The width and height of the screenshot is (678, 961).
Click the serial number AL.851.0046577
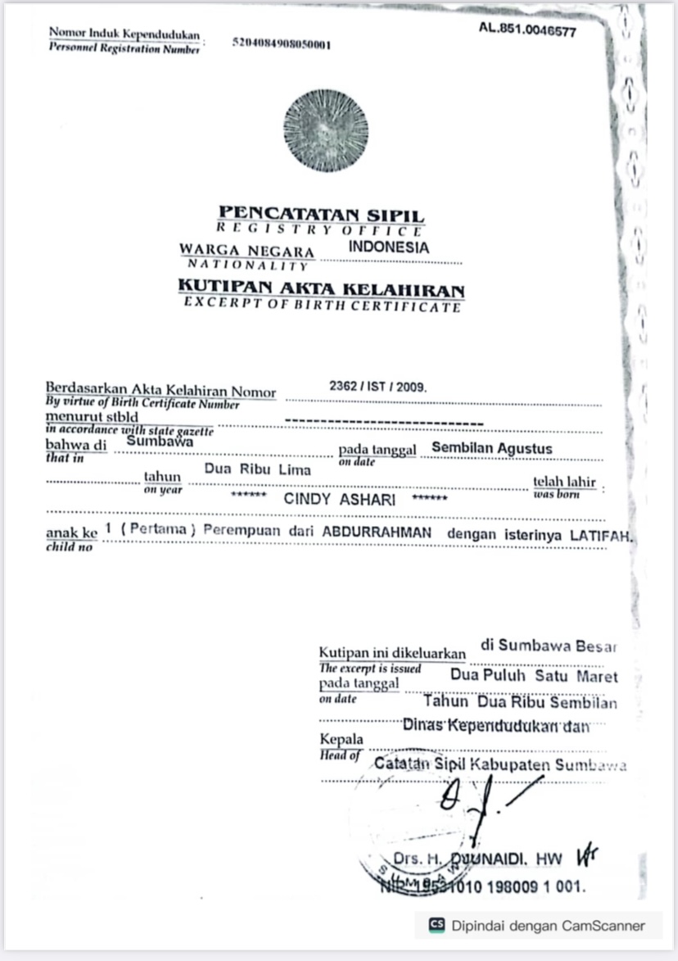[x=527, y=31]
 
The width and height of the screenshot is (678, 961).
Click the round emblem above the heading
[x=325, y=131]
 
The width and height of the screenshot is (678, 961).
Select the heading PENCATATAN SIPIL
[x=321, y=215]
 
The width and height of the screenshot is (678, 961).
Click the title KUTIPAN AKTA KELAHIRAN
[x=321, y=288]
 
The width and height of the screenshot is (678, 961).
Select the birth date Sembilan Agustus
[x=491, y=448]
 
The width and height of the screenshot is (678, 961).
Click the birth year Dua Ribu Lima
[x=257, y=469]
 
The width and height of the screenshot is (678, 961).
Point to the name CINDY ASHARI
[x=339, y=498]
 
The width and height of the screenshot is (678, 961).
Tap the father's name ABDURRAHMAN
[x=377, y=532]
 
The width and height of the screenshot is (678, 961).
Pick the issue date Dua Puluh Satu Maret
[x=534, y=677]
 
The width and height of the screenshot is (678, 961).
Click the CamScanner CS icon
[x=436, y=926]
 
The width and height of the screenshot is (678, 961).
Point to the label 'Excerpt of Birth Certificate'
[x=322, y=306]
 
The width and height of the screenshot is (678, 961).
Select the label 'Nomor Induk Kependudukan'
[x=124, y=34]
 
